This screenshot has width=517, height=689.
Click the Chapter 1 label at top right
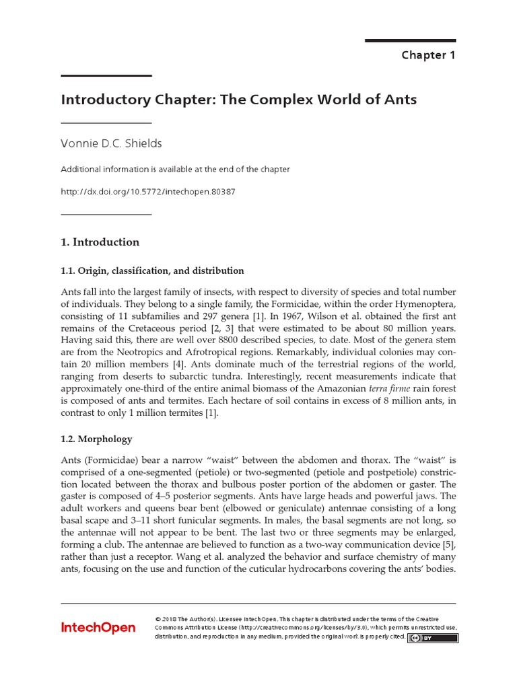pos(428,55)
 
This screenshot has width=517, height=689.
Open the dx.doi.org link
pos(148,192)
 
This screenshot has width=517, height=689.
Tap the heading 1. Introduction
pos(100,242)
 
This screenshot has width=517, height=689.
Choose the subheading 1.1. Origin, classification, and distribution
pos(152,270)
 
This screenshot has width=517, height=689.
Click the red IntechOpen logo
pos(98,628)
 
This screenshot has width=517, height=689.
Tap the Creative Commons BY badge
pos(432,637)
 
